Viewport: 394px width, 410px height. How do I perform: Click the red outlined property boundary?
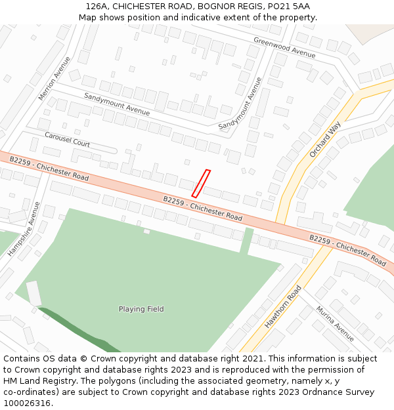[201, 184]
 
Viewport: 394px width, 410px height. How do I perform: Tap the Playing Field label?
[141, 309]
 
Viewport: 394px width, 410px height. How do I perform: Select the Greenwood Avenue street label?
[284, 47]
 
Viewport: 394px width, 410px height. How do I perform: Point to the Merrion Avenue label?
[54, 78]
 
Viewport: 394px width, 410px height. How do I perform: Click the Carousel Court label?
[67, 139]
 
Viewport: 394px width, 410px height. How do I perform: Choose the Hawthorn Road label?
[283, 307]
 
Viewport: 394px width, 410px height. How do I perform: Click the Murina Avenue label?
[335, 323]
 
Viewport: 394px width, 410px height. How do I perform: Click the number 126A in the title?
[97, 7]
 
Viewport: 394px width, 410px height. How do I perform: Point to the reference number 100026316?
[28, 403]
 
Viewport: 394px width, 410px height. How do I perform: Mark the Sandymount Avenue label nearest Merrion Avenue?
[117, 104]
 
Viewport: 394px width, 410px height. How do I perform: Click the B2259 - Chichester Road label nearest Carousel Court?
[49, 169]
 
